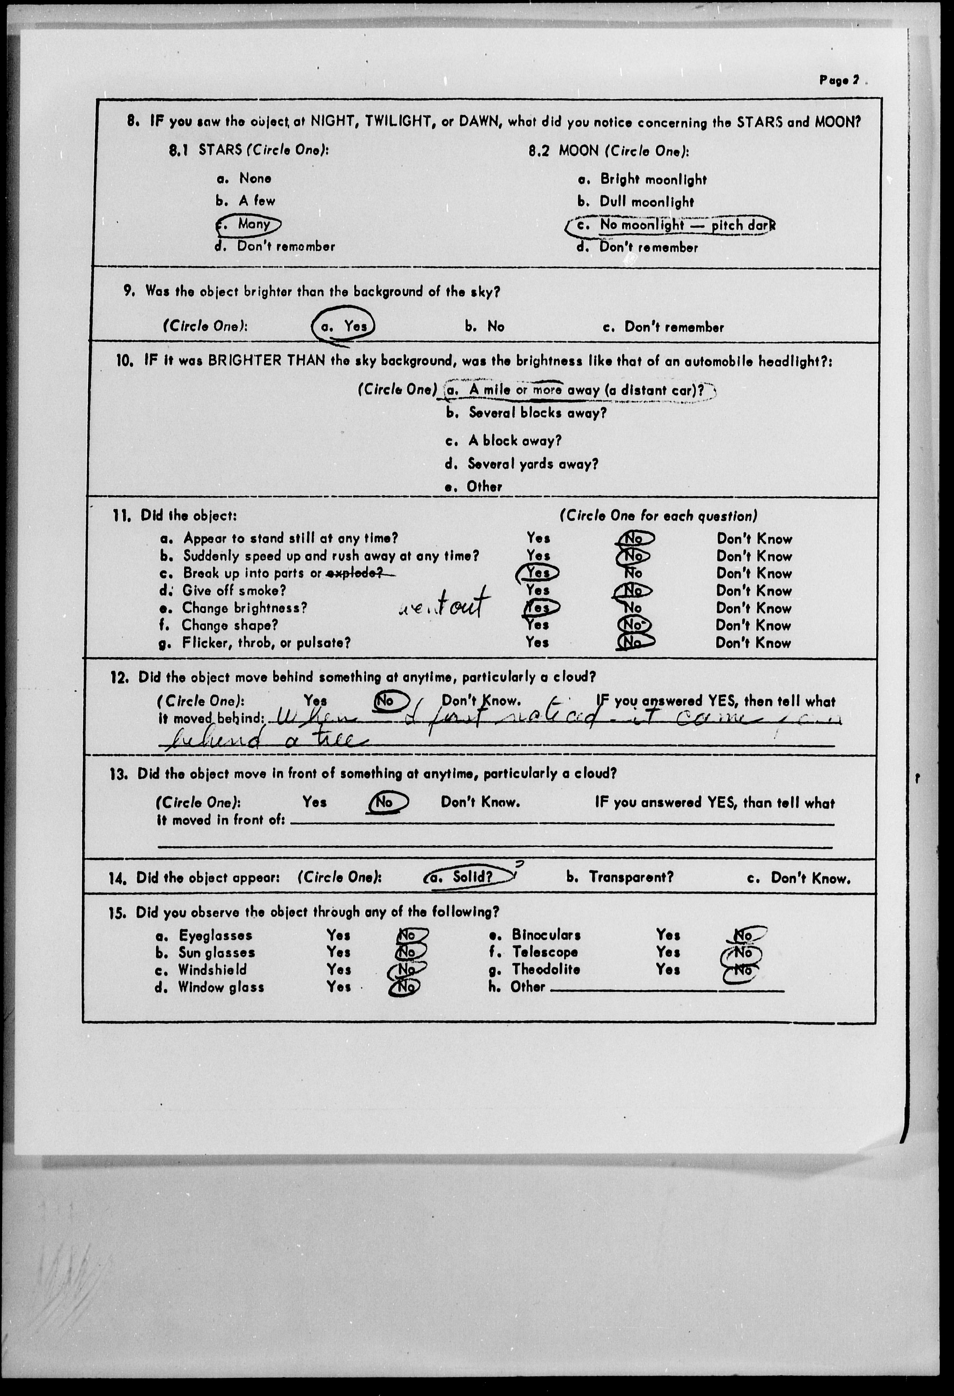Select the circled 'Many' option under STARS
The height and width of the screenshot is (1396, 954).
point(249,224)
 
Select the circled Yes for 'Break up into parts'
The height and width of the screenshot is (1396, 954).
point(538,573)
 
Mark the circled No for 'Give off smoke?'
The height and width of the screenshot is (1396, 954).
point(633,590)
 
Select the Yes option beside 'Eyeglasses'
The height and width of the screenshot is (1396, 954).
point(338,935)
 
